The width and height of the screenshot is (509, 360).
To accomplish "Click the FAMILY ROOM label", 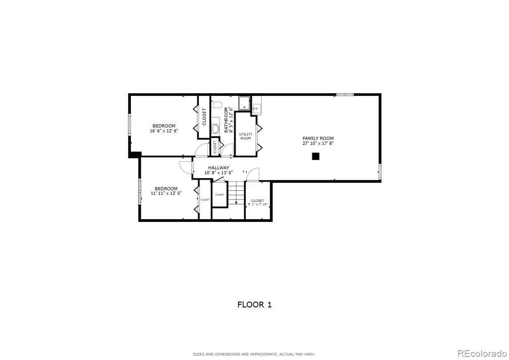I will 318,138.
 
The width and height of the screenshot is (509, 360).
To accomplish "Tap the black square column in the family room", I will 315,156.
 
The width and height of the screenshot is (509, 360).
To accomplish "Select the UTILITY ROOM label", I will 246,136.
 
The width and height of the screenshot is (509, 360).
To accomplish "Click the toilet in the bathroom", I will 217,105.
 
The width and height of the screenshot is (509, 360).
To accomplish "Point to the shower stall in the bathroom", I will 244,104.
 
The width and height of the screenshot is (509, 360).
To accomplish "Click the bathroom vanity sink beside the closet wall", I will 216,129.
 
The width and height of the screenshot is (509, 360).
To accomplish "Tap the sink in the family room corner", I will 257,108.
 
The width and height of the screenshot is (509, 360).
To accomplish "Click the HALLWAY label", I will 219,168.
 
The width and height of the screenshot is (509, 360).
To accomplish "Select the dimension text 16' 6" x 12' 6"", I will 164,131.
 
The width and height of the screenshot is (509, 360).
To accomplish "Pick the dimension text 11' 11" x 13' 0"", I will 166,193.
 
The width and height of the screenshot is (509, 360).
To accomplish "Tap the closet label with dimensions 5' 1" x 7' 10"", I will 257,202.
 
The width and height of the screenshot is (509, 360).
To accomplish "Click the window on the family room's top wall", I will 345,94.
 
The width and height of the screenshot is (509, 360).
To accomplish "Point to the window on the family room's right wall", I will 380,172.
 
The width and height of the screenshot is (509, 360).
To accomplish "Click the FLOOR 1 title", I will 254,305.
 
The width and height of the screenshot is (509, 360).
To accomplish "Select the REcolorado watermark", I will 482,354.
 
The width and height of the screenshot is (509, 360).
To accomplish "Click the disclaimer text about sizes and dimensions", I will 254,354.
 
